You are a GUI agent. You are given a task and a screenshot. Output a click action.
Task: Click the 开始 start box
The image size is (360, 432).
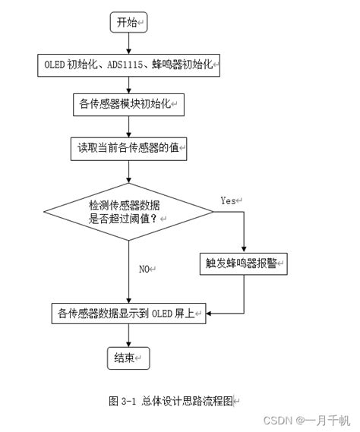pyautogui.click(x=128, y=23)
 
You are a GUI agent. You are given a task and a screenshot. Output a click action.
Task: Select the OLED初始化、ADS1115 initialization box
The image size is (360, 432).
pyautogui.click(x=128, y=66)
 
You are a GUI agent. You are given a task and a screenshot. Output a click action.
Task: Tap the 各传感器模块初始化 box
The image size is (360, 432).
pyautogui.click(x=128, y=106)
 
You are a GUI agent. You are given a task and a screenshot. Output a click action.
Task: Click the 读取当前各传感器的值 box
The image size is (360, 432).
pyautogui.click(x=128, y=147)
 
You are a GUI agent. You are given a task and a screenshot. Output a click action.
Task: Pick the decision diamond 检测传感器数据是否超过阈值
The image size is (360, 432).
pyautogui.click(x=128, y=210)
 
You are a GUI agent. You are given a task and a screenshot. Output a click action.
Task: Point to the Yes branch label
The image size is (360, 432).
pyautogui.click(x=230, y=200)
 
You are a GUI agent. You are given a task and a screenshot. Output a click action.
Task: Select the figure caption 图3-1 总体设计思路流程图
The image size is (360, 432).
pyautogui.click(x=174, y=399)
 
